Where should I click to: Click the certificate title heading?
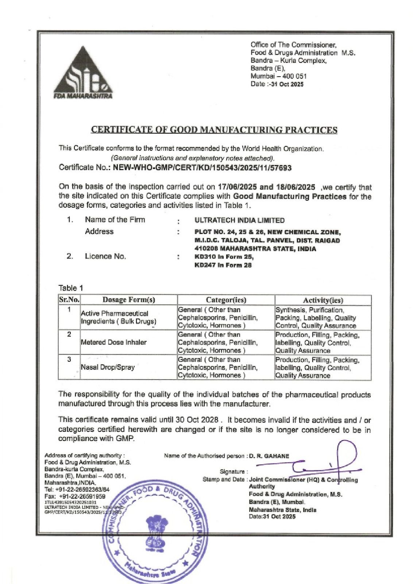tap(214, 130)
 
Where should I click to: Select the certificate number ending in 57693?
tap(202, 168)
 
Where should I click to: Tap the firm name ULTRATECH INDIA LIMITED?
tap(240, 220)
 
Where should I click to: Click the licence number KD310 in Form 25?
tap(224, 257)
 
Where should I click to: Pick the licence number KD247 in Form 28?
tap(223, 265)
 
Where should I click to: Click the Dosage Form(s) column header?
tap(128, 300)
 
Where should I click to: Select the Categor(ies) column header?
tap(226, 300)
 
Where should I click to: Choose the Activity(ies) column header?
tap(323, 300)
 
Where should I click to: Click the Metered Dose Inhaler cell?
tap(113, 342)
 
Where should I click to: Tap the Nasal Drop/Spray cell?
tap(108, 367)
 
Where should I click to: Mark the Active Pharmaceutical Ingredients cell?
tap(118, 318)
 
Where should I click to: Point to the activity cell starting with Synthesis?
tap(316, 318)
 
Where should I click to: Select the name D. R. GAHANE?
tap(269, 456)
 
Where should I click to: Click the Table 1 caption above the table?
tap(71, 288)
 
